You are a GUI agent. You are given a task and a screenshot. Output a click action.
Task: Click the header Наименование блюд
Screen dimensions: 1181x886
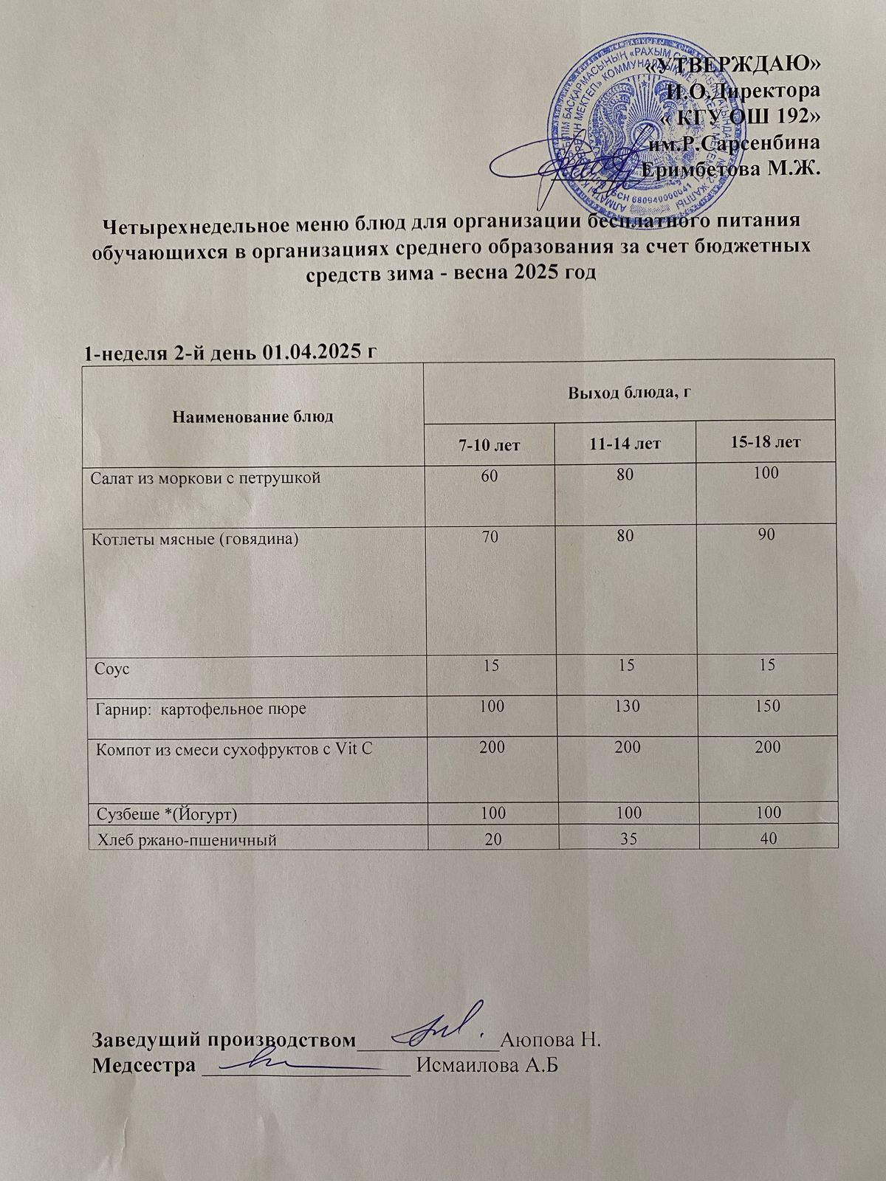coord(253,417)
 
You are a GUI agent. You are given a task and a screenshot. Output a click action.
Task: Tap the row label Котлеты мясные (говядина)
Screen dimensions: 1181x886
coord(195,539)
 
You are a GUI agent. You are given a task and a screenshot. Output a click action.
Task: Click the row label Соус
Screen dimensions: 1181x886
coord(112,670)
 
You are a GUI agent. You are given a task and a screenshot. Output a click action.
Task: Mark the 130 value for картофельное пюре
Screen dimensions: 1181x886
coord(627,706)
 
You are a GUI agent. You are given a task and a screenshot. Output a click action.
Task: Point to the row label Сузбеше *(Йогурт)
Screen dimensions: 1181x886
coord(171,813)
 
